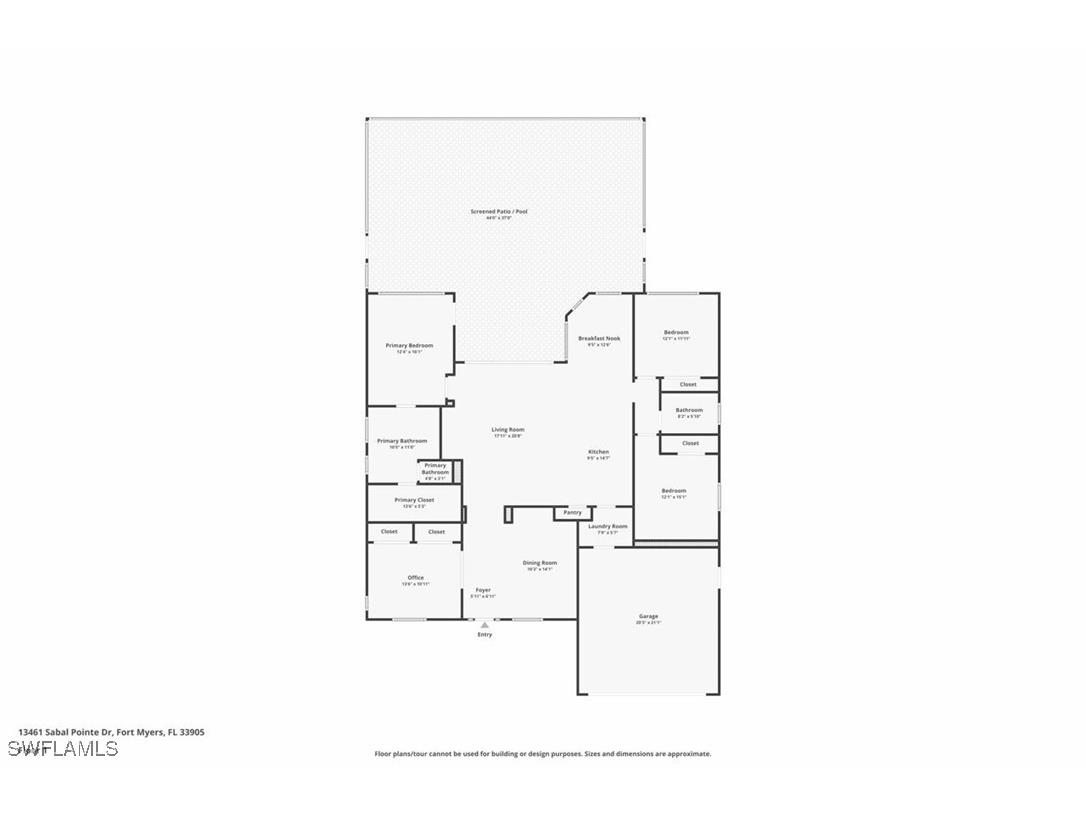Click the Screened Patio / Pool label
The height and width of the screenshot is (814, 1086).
coord(499,212)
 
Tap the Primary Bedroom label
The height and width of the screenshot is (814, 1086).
coord(409,346)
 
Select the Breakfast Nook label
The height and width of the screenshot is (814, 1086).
coord(599,339)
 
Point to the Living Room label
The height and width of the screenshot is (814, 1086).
coord(508,430)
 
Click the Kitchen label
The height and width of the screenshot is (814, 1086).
coord(598,452)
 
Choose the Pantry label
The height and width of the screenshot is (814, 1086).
coord(572,513)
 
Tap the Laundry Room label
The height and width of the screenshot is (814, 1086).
coord(608,526)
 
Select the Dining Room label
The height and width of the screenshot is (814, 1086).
coord(540,563)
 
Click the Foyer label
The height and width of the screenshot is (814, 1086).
coord(483,590)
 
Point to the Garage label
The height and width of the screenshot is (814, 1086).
coord(649,616)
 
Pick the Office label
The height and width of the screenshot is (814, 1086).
coord(415,578)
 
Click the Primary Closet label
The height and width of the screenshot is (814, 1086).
coord(414,500)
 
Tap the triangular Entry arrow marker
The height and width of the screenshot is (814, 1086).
coord(485,625)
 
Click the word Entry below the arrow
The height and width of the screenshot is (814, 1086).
coord(485,635)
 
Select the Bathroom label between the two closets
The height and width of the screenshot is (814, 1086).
coord(689,410)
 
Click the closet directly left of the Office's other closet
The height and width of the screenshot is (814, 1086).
coord(389,532)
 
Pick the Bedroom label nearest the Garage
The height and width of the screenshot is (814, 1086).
coord(674,491)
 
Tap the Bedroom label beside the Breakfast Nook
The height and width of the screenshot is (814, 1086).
coord(676,333)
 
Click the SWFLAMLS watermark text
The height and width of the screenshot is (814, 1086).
coord(63,749)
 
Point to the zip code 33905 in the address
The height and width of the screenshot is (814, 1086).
coord(192,732)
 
